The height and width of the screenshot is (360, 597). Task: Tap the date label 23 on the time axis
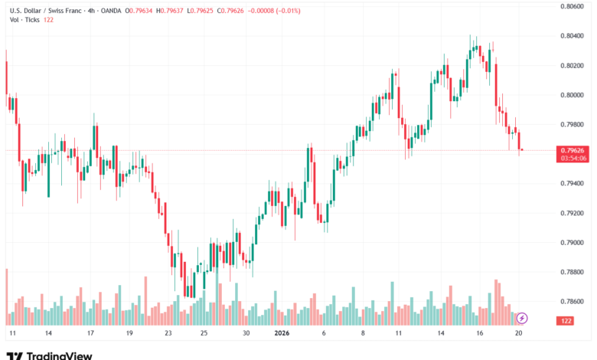pyautogui.click(x=168, y=334)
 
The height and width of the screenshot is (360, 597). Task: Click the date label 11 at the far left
pyautogui.click(x=12, y=334)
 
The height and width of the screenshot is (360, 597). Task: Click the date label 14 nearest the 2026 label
pyautogui.click(x=442, y=334)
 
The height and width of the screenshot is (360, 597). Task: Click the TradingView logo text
pyautogui.click(x=59, y=355)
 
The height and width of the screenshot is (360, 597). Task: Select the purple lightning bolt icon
pyautogui.click(x=522, y=317)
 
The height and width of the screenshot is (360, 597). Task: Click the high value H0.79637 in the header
pyautogui.click(x=172, y=11)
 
